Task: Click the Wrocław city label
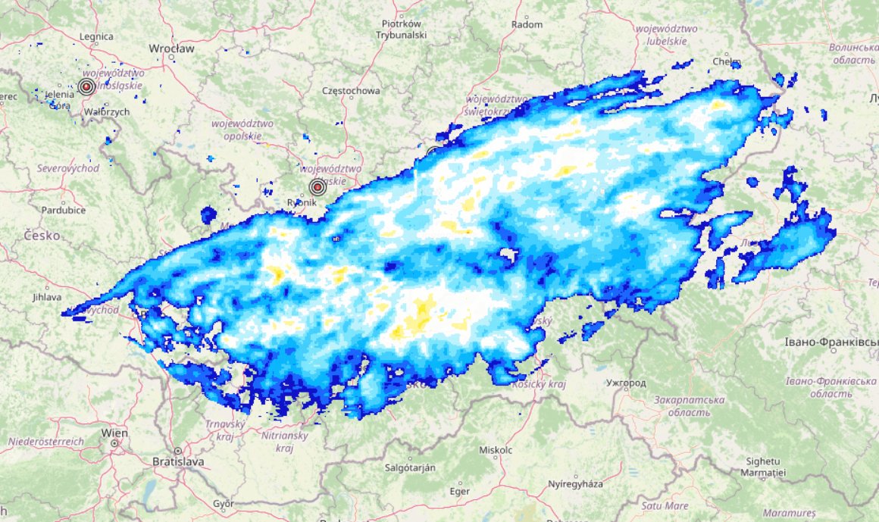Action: point(172,48)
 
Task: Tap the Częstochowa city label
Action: point(351,91)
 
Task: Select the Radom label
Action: point(527,24)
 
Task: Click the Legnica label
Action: point(95,36)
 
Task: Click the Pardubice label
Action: point(62,210)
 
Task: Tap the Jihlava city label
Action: point(47,297)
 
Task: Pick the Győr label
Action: point(224,504)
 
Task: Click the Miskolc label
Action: point(496,450)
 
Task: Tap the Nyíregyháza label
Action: point(574,483)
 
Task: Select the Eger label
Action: point(460,491)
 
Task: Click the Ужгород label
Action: point(626,383)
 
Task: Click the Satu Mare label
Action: point(665,505)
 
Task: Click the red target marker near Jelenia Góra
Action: point(86,87)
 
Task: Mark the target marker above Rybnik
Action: point(317,187)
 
